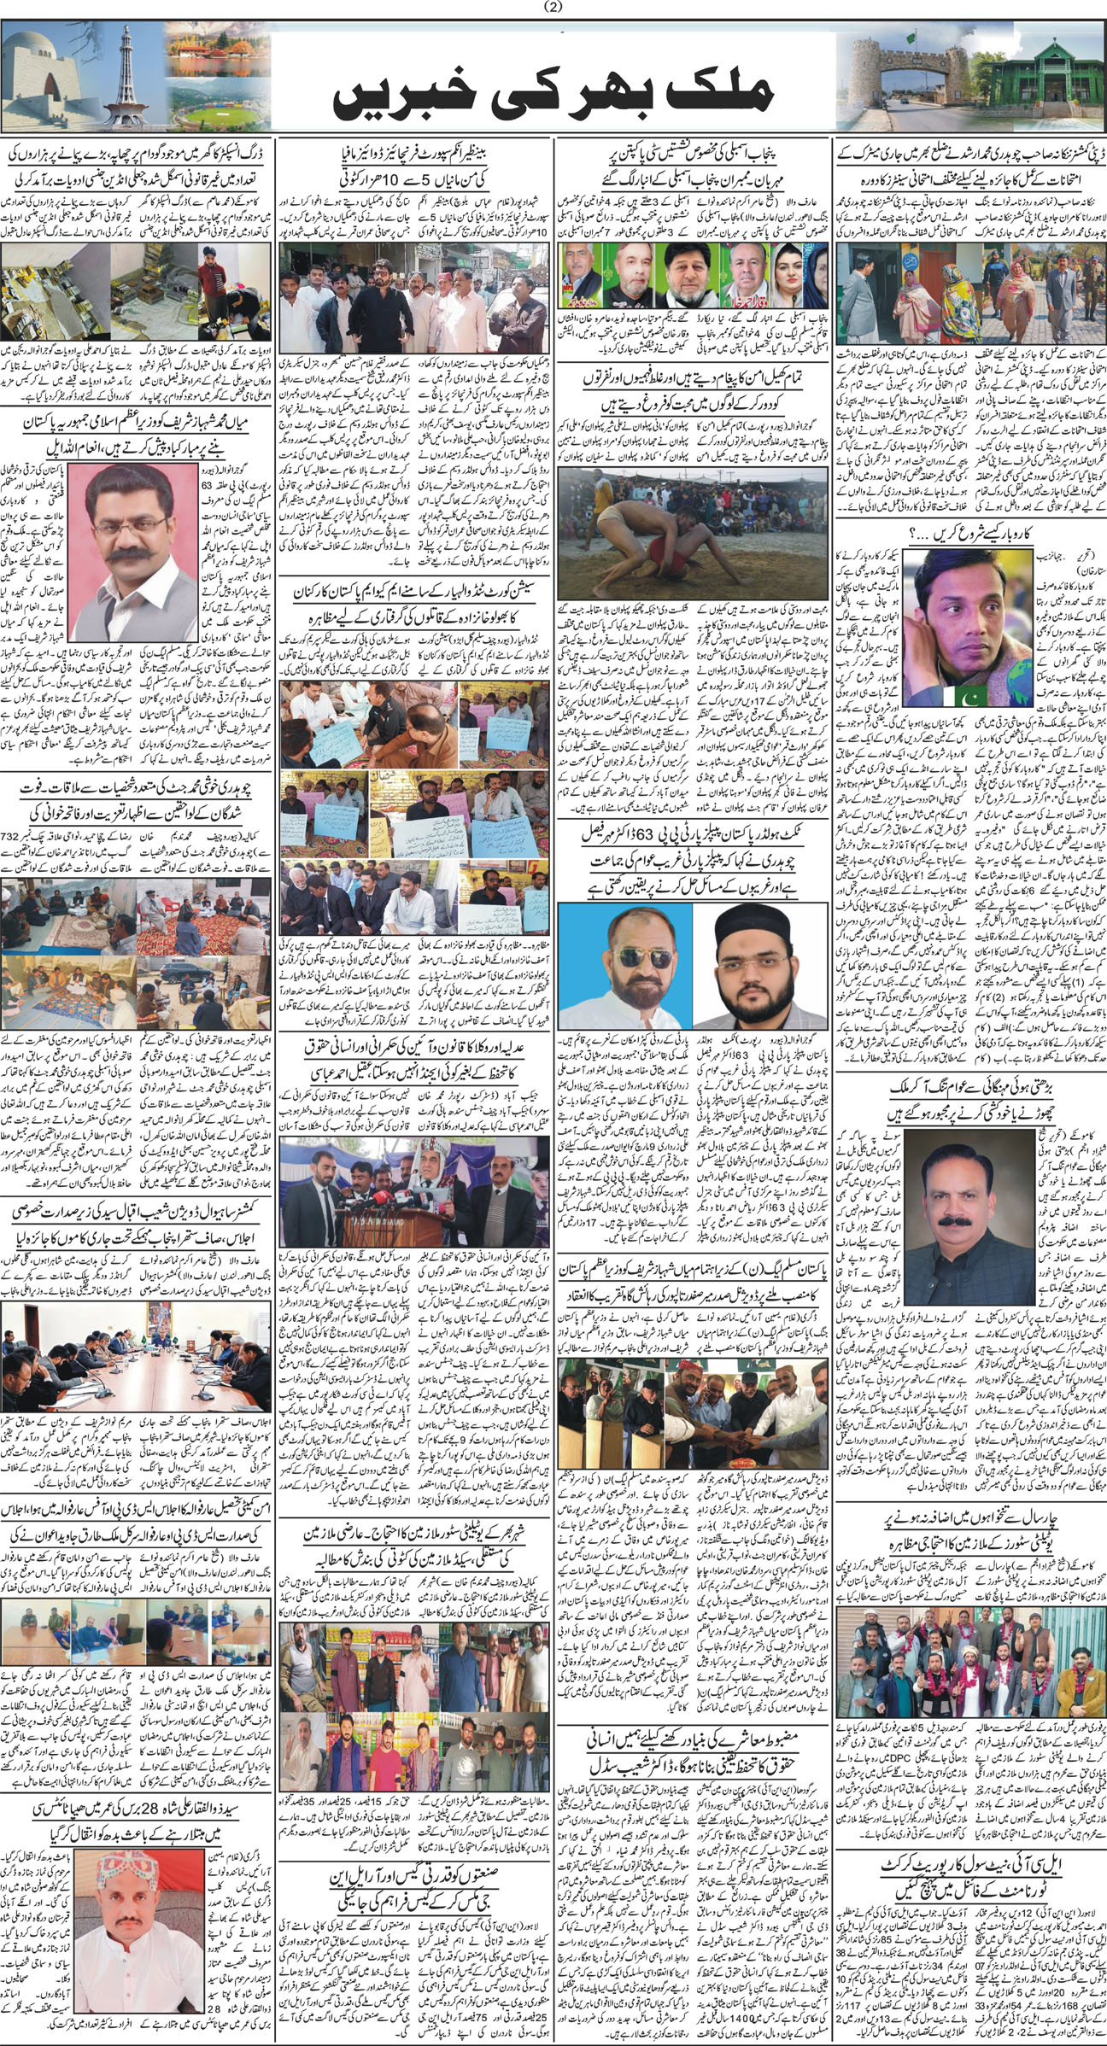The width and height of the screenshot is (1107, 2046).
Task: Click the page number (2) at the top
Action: coord(553,8)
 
